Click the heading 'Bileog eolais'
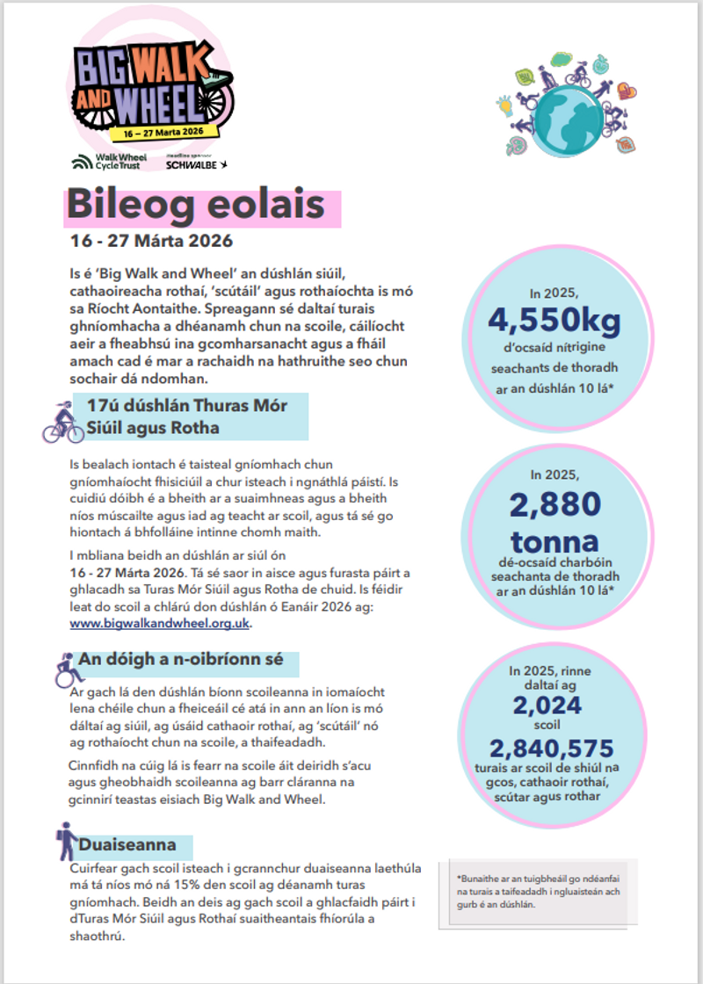tap(195, 206)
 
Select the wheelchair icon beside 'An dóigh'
tap(66, 669)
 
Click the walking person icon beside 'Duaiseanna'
tap(66, 841)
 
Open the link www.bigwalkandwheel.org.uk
tap(161, 623)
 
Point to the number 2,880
tap(554, 503)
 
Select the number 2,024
tap(548, 705)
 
